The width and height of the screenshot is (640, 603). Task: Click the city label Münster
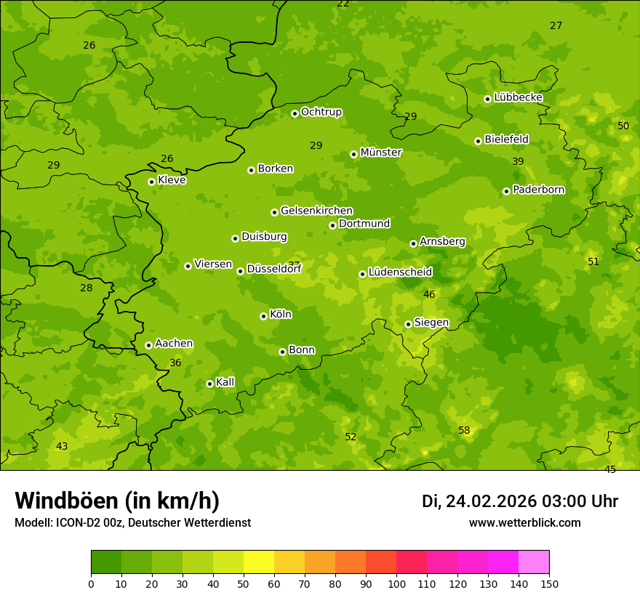coord(381,153)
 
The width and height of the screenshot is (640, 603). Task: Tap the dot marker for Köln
coord(263,316)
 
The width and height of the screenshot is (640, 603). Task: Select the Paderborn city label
coord(539,190)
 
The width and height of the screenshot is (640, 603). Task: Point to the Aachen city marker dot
coord(148,345)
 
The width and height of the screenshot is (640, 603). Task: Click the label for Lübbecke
coord(518,97)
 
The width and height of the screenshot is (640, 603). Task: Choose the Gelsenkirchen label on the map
coord(316,211)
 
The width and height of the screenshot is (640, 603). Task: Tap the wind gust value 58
coord(464,430)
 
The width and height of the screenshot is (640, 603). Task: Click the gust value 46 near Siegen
coord(429,294)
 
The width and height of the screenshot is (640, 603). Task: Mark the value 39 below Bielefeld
coord(518,161)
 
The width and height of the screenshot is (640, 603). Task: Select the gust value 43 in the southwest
coord(62,446)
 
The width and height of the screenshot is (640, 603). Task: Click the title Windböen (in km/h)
coord(117,501)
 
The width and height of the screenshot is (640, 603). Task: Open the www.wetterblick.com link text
coord(524,523)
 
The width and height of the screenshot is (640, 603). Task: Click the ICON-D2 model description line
coord(132,523)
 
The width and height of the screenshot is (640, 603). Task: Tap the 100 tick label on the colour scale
coord(396,583)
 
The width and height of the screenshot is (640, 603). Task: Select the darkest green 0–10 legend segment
coord(106,562)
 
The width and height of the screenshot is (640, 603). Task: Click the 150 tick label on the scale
coord(549,583)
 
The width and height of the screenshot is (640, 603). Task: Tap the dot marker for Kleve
coord(151,182)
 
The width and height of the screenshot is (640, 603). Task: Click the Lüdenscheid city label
coord(400,272)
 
